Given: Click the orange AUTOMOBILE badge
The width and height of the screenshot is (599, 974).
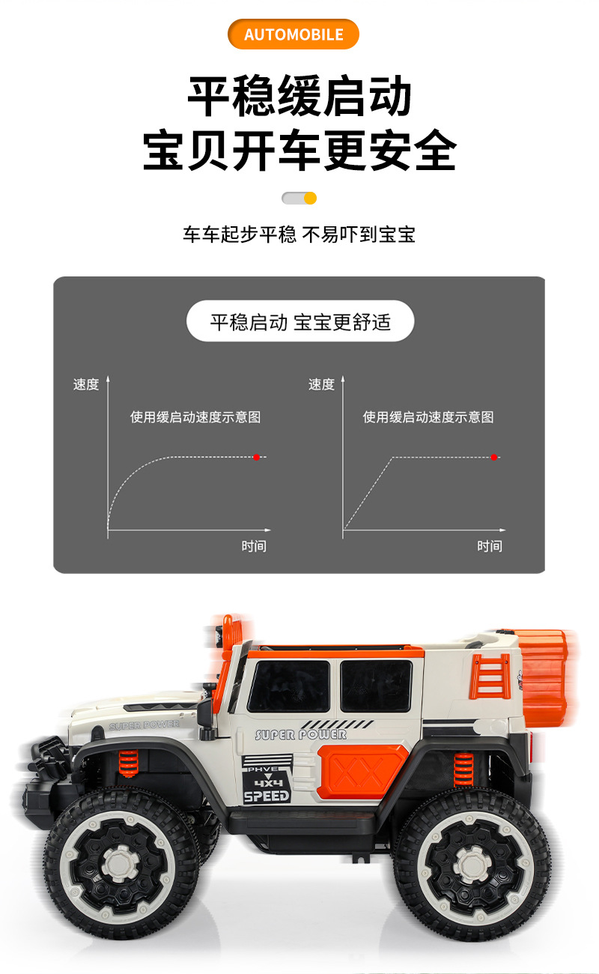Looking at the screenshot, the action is click(294, 34).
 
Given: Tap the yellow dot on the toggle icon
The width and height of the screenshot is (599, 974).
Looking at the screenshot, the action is click(310, 199).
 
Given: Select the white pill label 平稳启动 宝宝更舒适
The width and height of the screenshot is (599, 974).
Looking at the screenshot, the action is click(300, 321).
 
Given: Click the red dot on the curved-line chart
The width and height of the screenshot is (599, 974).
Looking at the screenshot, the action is click(257, 457).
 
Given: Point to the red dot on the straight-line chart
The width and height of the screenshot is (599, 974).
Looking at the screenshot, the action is click(494, 457).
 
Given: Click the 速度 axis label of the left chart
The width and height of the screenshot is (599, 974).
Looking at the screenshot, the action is click(86, 384).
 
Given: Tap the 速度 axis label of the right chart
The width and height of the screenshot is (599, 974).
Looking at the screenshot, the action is click(322, 384).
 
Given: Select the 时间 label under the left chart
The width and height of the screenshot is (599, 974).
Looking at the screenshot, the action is click(254, 546).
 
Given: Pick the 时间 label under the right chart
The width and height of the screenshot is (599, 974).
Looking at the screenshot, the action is click(490, 546).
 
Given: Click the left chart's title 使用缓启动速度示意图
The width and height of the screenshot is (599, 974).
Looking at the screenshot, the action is click(195, 417).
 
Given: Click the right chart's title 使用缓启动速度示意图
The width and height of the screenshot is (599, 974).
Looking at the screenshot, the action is click(428, 417).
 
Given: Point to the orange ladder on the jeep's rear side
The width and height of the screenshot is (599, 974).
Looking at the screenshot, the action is click(490, 675).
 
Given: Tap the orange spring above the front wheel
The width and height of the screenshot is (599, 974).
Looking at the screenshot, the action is click(129, 763).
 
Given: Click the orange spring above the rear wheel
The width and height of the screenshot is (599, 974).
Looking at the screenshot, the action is click(463, 769).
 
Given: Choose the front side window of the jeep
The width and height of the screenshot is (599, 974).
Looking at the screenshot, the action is click(288, 686).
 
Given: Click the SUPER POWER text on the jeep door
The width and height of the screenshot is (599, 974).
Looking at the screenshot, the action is click(301, 734).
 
